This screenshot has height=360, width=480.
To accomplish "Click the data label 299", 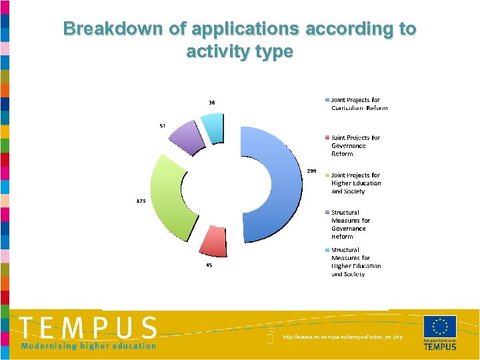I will pos(311,171).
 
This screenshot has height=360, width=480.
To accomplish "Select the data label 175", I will pos(141,200).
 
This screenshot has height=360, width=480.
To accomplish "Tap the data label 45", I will pos(209,265).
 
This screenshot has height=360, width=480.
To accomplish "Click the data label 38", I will pos(211,103).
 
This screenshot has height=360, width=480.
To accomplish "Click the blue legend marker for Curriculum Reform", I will pos(327,100).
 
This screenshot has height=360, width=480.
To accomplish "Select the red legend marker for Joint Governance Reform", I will pos(327,138).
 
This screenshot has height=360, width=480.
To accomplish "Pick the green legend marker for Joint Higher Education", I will pos(327,175).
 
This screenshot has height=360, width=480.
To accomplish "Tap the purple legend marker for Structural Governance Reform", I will pos(327,213).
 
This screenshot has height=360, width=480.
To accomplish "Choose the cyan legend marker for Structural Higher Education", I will pos(327,250).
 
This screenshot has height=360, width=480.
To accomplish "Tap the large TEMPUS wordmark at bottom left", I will pos(88,328).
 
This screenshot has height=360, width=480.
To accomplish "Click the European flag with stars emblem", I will pos(440,327).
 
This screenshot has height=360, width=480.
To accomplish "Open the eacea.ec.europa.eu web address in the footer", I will pos(343,337).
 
